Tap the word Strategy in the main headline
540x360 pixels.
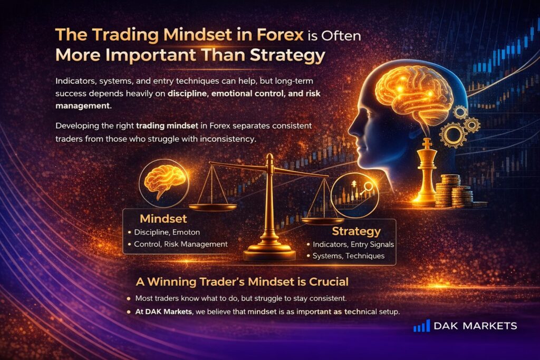(287, 55)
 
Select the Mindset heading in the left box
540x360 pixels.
(163, 219)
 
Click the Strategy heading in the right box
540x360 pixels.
(356, 231)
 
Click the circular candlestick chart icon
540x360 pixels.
(354, 195)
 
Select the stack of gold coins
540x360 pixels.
(455, 191)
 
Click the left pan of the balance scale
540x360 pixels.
(213, 207)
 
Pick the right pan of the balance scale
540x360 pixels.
(322, 221)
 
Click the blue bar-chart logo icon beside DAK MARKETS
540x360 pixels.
(421, 326)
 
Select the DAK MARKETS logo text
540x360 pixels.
(475, 326)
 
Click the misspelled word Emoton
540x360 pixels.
(186, 232)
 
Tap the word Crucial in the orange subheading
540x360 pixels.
(329, 282)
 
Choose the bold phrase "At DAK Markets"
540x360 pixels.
(163, 312)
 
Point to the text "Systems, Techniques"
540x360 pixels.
(349, 256)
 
